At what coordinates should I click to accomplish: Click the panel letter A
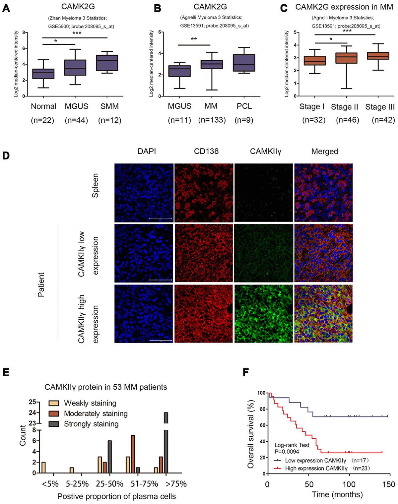(6, 8)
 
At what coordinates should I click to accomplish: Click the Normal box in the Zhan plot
(43, 74)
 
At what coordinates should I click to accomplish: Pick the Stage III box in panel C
(378, 56)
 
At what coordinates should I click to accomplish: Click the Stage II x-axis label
(345, 107)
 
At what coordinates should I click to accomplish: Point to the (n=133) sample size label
(212, 120)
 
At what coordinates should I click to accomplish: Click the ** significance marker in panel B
(194, 39)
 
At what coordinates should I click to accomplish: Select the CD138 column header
(206, 152)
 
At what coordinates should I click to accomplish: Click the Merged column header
(324, 152)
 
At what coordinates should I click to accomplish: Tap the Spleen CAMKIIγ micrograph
(264, 193)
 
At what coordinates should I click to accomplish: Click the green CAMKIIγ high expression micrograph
(264, 314)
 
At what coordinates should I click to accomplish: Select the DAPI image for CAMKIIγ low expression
(144, 253)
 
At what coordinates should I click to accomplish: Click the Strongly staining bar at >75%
(166, 443)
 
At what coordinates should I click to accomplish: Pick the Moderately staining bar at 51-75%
(133, 454)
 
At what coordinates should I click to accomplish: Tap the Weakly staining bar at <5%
(43, 467)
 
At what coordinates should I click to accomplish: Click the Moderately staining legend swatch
(54, 413)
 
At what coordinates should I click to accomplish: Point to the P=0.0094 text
(287, 452)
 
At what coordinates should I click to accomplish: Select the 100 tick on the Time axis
(349, 484)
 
